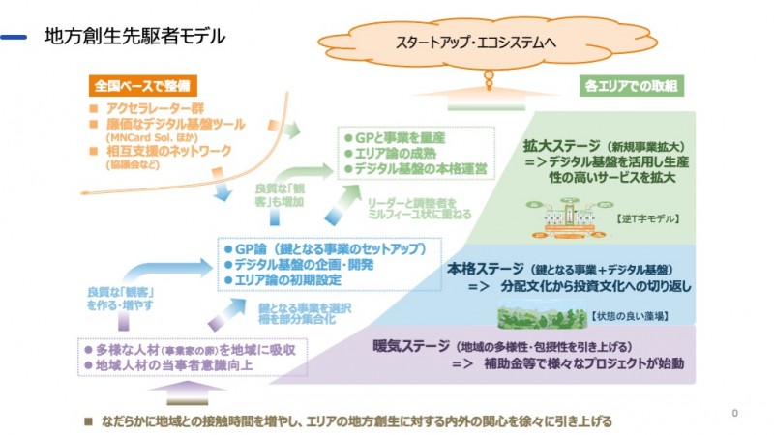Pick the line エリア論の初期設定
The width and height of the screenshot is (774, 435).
point(288,279)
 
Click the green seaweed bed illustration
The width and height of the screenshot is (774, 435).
point(540,313)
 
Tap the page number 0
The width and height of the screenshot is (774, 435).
point(736,413)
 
